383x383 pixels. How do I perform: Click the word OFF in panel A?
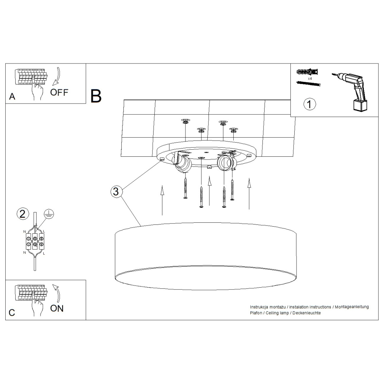(x=59, y=93)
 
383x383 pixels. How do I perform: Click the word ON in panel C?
(x=57, y=308)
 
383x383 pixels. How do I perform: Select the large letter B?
(x=96, y=96)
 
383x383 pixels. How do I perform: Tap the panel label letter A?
(x=12, y=96)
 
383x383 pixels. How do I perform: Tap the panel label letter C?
(x=12, y=312)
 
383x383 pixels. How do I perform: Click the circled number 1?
(x=310, y=104)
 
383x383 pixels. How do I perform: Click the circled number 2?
(x=23, y=214)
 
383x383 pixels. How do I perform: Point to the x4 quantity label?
(x=310, y=78)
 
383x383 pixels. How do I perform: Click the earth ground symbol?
(x=49, y=213)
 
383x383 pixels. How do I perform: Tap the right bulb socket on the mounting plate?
(x=226, y=162)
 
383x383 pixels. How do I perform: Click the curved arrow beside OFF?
(x=56, y=77)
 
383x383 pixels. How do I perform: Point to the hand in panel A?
(x=37, y=90)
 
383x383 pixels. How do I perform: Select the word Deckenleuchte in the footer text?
(x=307, y=313)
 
